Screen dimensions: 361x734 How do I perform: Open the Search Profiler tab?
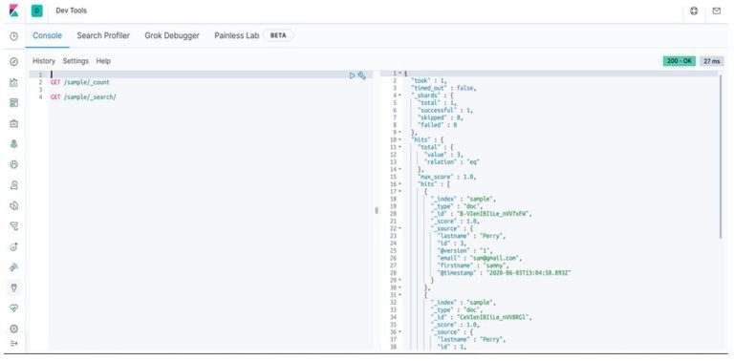(x=103, y=35)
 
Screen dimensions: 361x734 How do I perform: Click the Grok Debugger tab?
(x=172, y=35)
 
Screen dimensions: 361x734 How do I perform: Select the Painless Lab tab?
(x=236, y=35)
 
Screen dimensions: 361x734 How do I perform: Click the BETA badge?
(x=278, y=35)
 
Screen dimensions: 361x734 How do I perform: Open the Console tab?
(x=48, y=35)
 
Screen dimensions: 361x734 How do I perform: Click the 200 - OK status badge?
(x=679, y=61)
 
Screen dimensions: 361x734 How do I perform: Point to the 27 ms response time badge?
(x=711, y=61)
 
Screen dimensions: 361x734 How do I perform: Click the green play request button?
(x=352, y=74)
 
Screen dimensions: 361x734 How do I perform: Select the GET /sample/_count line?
(x=80, y=82)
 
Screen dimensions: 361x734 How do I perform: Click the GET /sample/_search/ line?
(x=83, y=96)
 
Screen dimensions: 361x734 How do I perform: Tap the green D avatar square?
(x=36, y=10)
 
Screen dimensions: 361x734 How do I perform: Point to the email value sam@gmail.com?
(x=495, y=258)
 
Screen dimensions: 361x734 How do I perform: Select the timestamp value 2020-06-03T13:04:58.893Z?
(x=529, y=273)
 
